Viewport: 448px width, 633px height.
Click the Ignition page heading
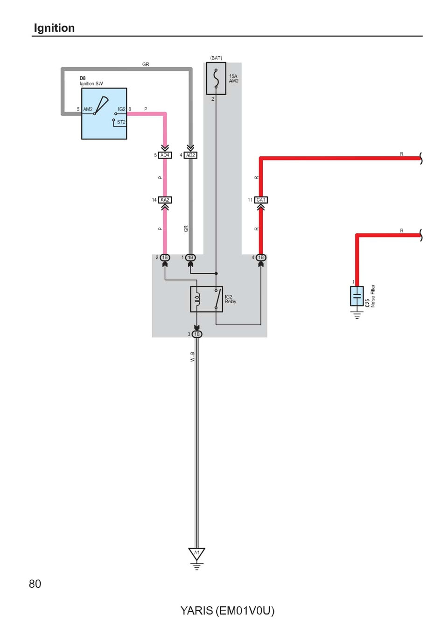pyautogui.click(x=54, y=28)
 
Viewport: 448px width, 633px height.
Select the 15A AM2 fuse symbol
pyautogui.click(x=216, y=78)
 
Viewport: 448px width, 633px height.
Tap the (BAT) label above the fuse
pyautogui.click(x=216, y=58)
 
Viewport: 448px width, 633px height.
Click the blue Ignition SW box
pyautogui.click(x=104, y=113)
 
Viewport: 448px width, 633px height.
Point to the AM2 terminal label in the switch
pyautogui.click(x=88, y=109)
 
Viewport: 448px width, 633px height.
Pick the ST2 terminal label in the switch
pyautogui.click(x=121, y=122)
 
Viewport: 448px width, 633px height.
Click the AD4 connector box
pyautogui.click(x=165, y=155)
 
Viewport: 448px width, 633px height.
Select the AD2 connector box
pyautogui.click(x=190, y=155)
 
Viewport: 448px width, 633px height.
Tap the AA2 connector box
pyautogui.click(x=165, y=200)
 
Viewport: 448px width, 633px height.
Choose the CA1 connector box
pyautogui.click(x=261, y=200)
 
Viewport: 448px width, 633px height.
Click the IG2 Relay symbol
pyautogui.click(x=206, y=299)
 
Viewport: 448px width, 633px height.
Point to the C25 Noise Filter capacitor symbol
pyautogui.click(x=357, y=296)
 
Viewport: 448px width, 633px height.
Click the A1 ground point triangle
pyautogui.click(x=196, y=553)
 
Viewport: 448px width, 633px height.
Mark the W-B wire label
pyautogui.click(x=192, y=356)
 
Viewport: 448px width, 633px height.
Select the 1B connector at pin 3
pyautogui.click(x=197, y=334)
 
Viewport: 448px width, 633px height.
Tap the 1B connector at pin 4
pyautogui.click(x=261, y=257)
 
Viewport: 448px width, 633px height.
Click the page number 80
pyautogui.click(x=35, y=584)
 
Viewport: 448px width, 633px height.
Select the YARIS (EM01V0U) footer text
pyautogui.click(x=227, y=611)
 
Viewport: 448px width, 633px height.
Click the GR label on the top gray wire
pyautogui.click(x=146, y=64)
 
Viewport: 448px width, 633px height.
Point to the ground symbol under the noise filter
pyautogui.click(x=357, y=315)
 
